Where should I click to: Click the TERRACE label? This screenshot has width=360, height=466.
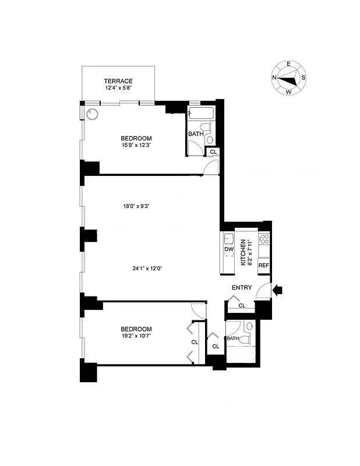pyautogui.click(x=118, y=81)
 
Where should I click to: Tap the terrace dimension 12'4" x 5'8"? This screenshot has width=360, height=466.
pyautogui.click(x=118, y=89)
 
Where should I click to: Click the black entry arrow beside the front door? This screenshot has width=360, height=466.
pyautogui.click(x=278, y=288)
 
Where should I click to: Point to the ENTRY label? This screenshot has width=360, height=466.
pyautogui.click(x=242, y=288)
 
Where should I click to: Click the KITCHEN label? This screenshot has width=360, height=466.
pyautogui.click(x=243, y=252)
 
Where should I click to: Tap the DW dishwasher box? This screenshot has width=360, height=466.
pyautogui.click(x=228, y=250)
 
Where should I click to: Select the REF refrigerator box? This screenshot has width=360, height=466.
pyautogui.click(x=264, y=266)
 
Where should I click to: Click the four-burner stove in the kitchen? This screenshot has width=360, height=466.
pyautogui.click(x=264, y=238)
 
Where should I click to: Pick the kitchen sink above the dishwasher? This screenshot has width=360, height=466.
pyautogui.click(x=228, y=238)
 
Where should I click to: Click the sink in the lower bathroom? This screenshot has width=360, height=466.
pyautogui.click(x=250, y=326)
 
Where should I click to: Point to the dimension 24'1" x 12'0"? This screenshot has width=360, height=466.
pyautogui.click(x=146, y=269)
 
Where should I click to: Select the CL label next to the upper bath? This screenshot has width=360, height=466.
pyautogui.click(x=213, y=152)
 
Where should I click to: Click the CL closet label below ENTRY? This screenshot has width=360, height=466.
pyautogui.click(x=242, y=305)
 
